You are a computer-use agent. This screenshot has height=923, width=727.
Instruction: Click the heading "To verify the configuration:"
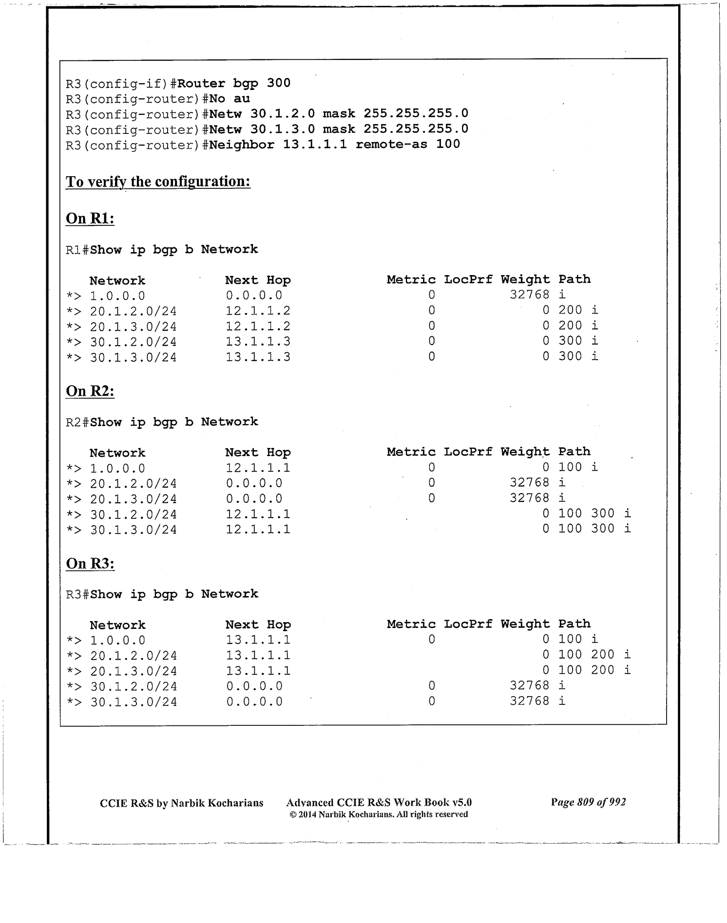pos(158,182)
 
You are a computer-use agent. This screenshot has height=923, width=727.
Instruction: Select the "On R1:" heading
pos(90,219)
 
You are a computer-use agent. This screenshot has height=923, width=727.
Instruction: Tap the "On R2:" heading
pos(90,391)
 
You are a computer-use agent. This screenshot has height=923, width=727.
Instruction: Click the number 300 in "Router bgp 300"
pos(279,83)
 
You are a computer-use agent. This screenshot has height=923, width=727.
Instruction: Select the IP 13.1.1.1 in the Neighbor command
pos(315,145)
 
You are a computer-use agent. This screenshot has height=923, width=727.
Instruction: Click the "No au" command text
pos(230,99)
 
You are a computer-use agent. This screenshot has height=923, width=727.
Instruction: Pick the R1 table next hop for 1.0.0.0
pos(254,295)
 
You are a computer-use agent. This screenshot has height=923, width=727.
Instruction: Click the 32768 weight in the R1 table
pos(529,295)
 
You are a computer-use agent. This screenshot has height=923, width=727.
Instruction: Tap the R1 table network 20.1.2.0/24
pos(134,311)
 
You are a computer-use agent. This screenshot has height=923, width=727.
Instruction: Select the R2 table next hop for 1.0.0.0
pos(258,468)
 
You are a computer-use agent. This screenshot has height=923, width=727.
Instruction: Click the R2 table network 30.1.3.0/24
pos(134,530)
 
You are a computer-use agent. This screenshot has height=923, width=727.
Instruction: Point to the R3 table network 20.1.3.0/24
pos(134,671)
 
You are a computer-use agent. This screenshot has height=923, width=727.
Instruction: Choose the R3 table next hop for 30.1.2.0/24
pos(254,686)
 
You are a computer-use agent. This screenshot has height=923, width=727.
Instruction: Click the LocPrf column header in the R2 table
pos(468,452)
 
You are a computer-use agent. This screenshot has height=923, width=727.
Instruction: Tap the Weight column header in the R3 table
pos(525,624)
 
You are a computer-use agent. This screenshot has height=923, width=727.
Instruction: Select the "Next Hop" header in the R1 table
pos(258,280)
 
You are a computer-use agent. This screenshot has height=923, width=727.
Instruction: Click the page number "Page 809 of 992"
pos(588,802)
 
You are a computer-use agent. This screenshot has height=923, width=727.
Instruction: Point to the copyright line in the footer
pos(379,814)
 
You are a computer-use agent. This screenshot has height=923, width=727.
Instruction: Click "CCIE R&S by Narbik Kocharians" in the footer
pos(181,803)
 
